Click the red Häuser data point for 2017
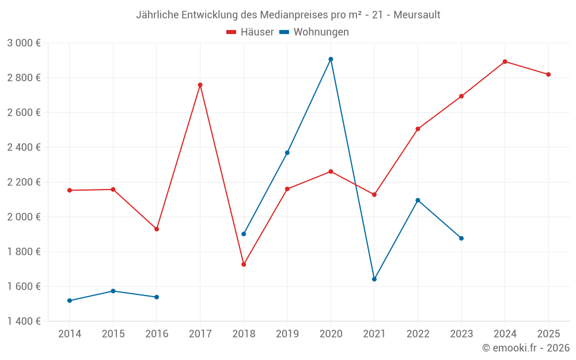(x=200, y=85)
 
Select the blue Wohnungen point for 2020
(x=331, y=59)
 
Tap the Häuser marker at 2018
(x=244, y=264)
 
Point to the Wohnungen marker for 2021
(x=374, y=279)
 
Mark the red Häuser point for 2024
(x=505, y=62)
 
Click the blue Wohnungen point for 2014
(x=70, y=301)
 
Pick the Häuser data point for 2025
(x=548, y=74)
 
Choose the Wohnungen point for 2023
(x=461, y=238)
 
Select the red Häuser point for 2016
(x=157, y=229)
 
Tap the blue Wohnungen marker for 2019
(x=287, y=153)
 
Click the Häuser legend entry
(x=250, y=32)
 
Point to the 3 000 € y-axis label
(x=24, y=43)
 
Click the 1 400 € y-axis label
(x=24, y=321)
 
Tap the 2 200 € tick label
(x=24, y=182)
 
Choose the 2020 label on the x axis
(x=331, y=334)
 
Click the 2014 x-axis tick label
(x=70, y=334)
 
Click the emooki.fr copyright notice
(x=525, y=348)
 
